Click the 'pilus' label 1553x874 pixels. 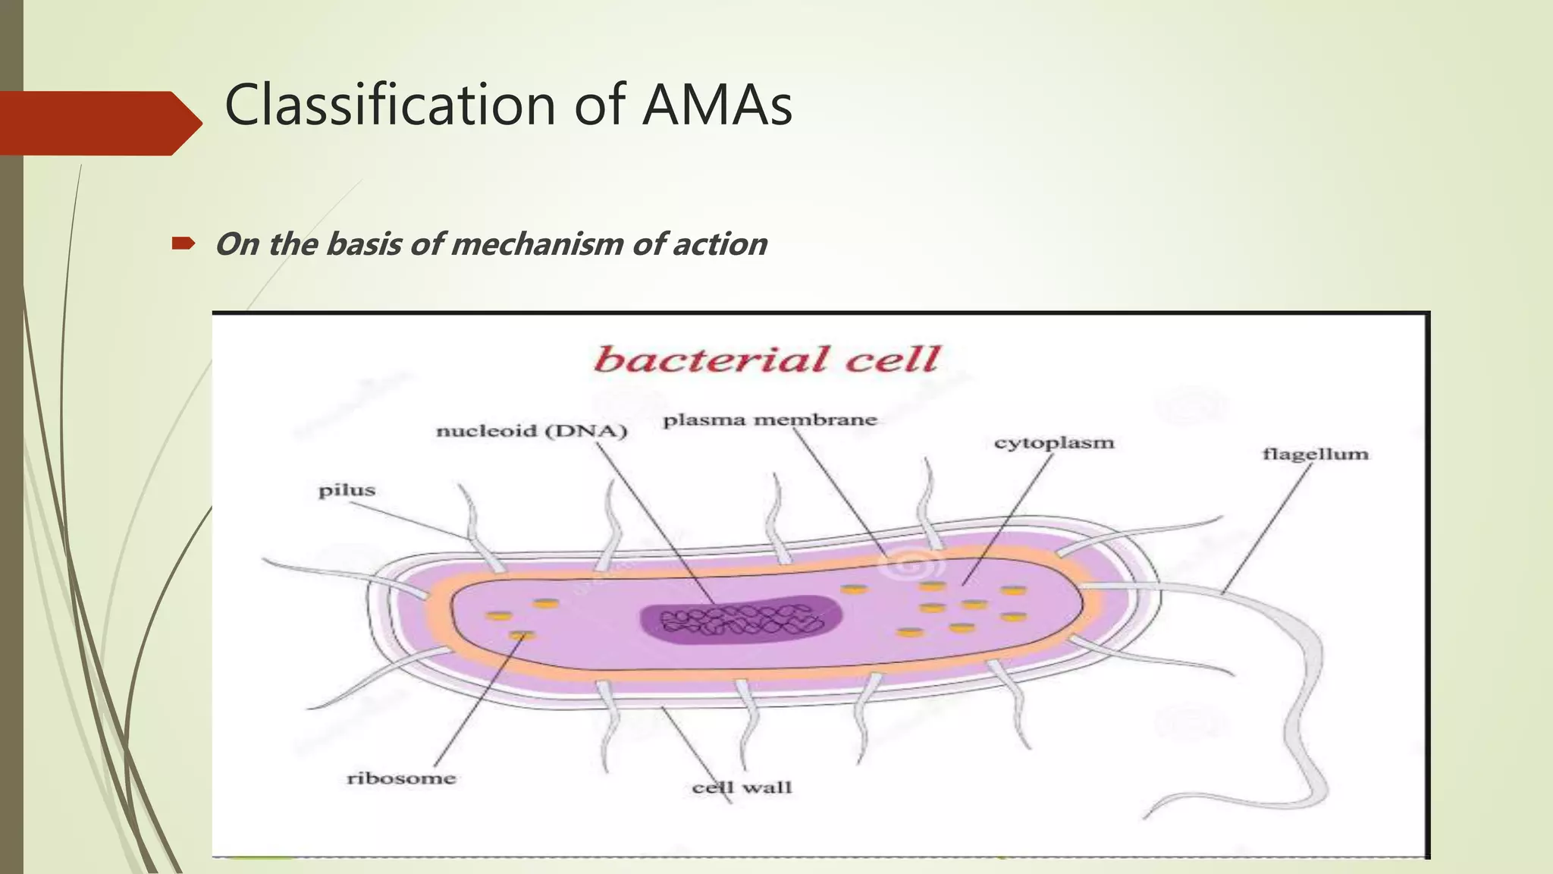pos(347,490)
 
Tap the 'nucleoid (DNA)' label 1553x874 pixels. pos(532,431)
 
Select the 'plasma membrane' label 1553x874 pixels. pos(770,420)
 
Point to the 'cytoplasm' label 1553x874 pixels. pos(1054,442)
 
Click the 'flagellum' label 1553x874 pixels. pos(1315,454)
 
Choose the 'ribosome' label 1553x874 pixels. pos(401,778)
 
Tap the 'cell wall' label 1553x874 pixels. pos(742,788)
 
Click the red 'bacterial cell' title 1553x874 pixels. pos(767,359)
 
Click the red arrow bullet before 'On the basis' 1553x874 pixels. pos(183,244)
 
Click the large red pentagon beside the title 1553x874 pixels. pos(95,123)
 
